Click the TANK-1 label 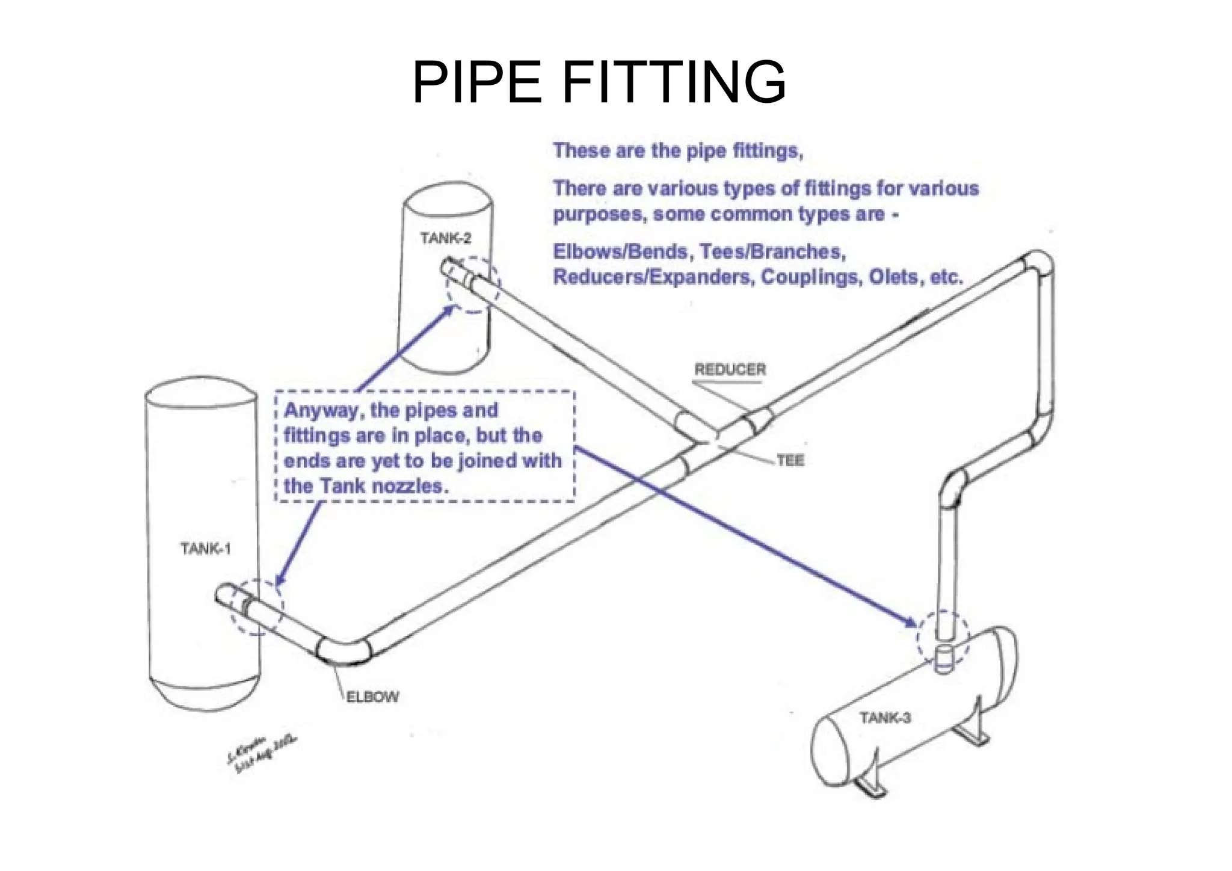click(206, 549)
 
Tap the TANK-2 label click(446, 238)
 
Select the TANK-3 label click(884, 718)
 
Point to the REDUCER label click(730, 369)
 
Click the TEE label click(790, 461)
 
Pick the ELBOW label click(372, 697)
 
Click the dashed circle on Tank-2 click(473, 285)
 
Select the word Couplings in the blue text click(810, 277)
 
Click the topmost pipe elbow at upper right click(1038, 263)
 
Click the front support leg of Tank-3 click(869, 786)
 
